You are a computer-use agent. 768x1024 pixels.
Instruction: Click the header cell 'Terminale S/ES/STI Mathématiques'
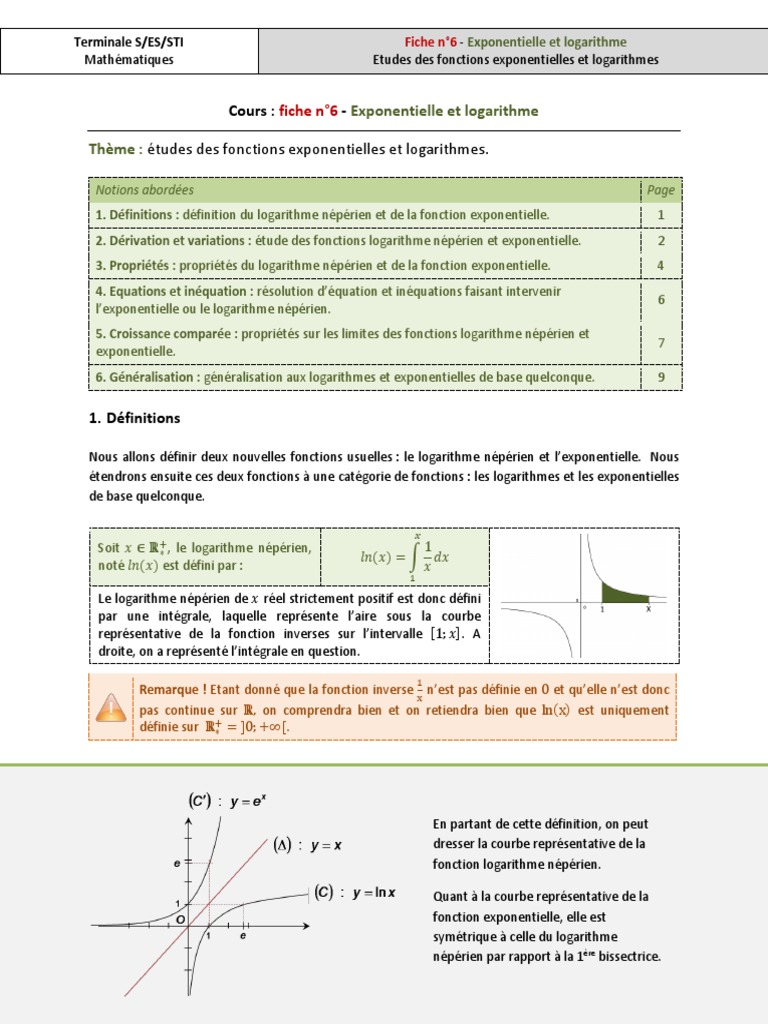click(129, 51)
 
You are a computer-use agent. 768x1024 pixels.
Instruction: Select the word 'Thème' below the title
click(112, 149)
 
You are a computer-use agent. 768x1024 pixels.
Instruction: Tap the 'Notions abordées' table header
click(145, 190)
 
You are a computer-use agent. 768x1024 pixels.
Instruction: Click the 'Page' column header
click(660, 190)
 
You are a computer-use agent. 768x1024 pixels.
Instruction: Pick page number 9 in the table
click(661, 378)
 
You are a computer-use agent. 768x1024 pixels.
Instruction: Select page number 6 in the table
click(661, 300)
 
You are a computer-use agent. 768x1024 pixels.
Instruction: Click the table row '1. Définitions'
click(322, 215)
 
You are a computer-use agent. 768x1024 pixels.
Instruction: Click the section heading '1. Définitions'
click(135, 418)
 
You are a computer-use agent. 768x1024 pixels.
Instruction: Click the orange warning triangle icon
click(111, 708)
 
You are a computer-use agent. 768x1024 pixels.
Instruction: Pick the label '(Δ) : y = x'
click(308, 845)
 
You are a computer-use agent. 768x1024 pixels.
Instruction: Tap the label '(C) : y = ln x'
click(355, 893)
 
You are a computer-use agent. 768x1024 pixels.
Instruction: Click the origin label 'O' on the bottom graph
click(180, 919)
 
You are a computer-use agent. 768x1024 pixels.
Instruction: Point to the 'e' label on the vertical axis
click(177, 863)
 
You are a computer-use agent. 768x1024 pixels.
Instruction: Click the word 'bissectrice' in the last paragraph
click(629, 957)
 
